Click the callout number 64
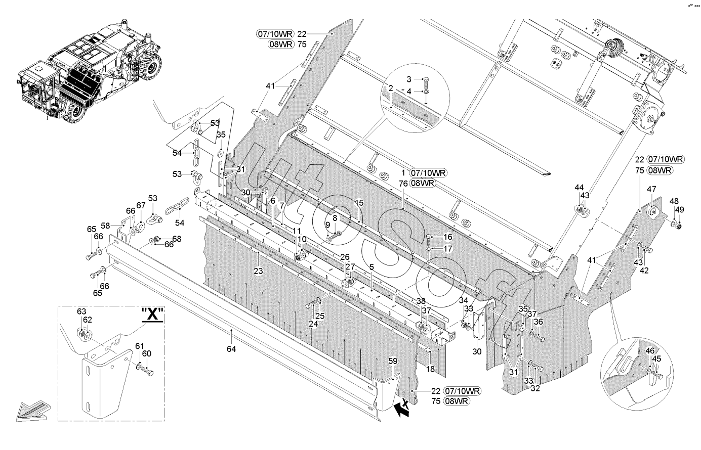click(231, 349)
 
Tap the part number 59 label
click(393, 361)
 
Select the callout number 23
click(258, 271)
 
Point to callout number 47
click(651, 189)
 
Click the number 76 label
click(403, 184)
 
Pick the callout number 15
click(359, 203)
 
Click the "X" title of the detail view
click(152, 314)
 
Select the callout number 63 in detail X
click(81, 311)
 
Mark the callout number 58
click(105, 226)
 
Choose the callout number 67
click(141, 205)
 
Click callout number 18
click(430, 369)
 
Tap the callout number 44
click(579, 187)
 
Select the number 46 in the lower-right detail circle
click(650, 350)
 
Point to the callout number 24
click(313, 324)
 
